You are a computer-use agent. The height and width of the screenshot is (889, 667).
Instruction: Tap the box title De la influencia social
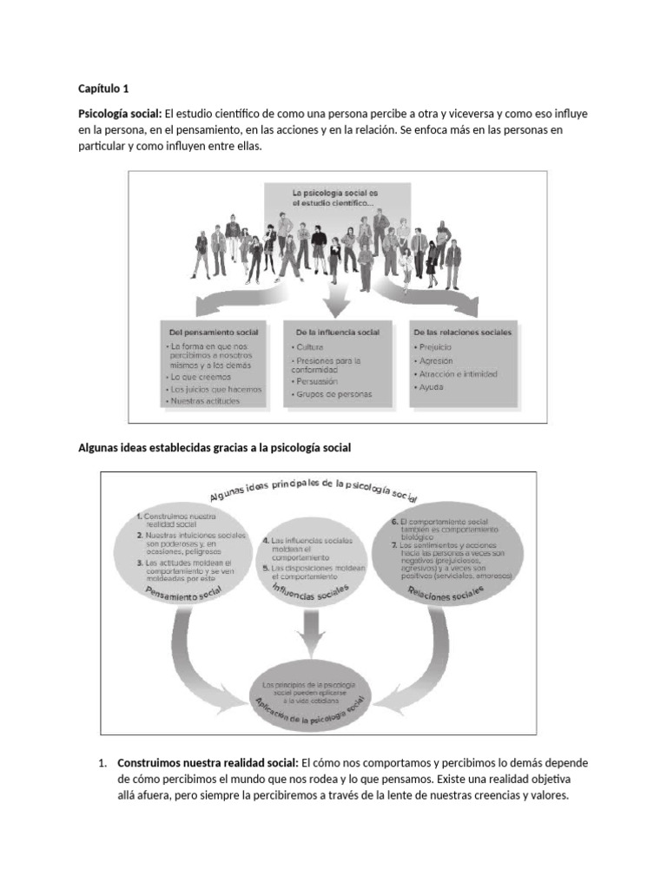(x=338, y=332)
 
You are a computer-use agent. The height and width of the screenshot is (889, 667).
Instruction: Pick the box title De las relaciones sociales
(x=463, y=332)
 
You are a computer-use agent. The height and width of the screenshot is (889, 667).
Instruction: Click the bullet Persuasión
(x=317, y=380)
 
